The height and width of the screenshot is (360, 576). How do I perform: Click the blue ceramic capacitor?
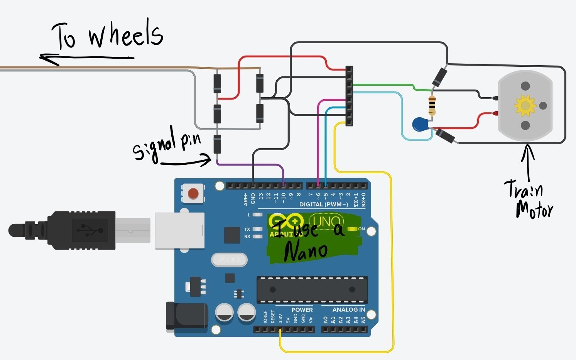(420, 124)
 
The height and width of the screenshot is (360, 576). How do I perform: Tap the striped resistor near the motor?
(432, 105)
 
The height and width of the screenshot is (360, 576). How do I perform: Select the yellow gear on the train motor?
(525, 105)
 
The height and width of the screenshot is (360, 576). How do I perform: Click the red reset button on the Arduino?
(193, 193)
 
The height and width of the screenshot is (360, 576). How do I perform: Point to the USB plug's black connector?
(81, 230)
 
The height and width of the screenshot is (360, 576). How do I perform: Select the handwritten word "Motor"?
(534, 210)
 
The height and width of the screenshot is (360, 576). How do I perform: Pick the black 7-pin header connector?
(349, 96)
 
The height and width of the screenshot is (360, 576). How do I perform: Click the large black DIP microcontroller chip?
(312, 289)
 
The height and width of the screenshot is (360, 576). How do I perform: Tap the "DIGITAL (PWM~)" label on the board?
(323, 205)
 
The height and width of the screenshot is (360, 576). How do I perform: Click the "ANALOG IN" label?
(348, 309)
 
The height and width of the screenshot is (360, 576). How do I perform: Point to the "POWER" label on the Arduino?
(302, 309)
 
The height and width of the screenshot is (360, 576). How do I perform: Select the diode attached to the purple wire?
(217, 145)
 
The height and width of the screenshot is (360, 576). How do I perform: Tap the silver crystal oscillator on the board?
(229, 260)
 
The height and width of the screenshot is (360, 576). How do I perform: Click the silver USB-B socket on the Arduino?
(179, 230)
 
